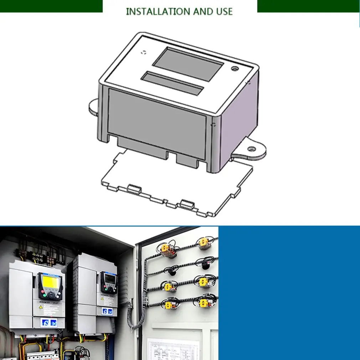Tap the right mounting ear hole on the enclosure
tap(252, 149)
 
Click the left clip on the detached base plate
tap(133, 189)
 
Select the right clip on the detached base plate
tap(186, 204)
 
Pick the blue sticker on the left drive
tap(49, 323)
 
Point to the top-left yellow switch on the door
tap(166, 248)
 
